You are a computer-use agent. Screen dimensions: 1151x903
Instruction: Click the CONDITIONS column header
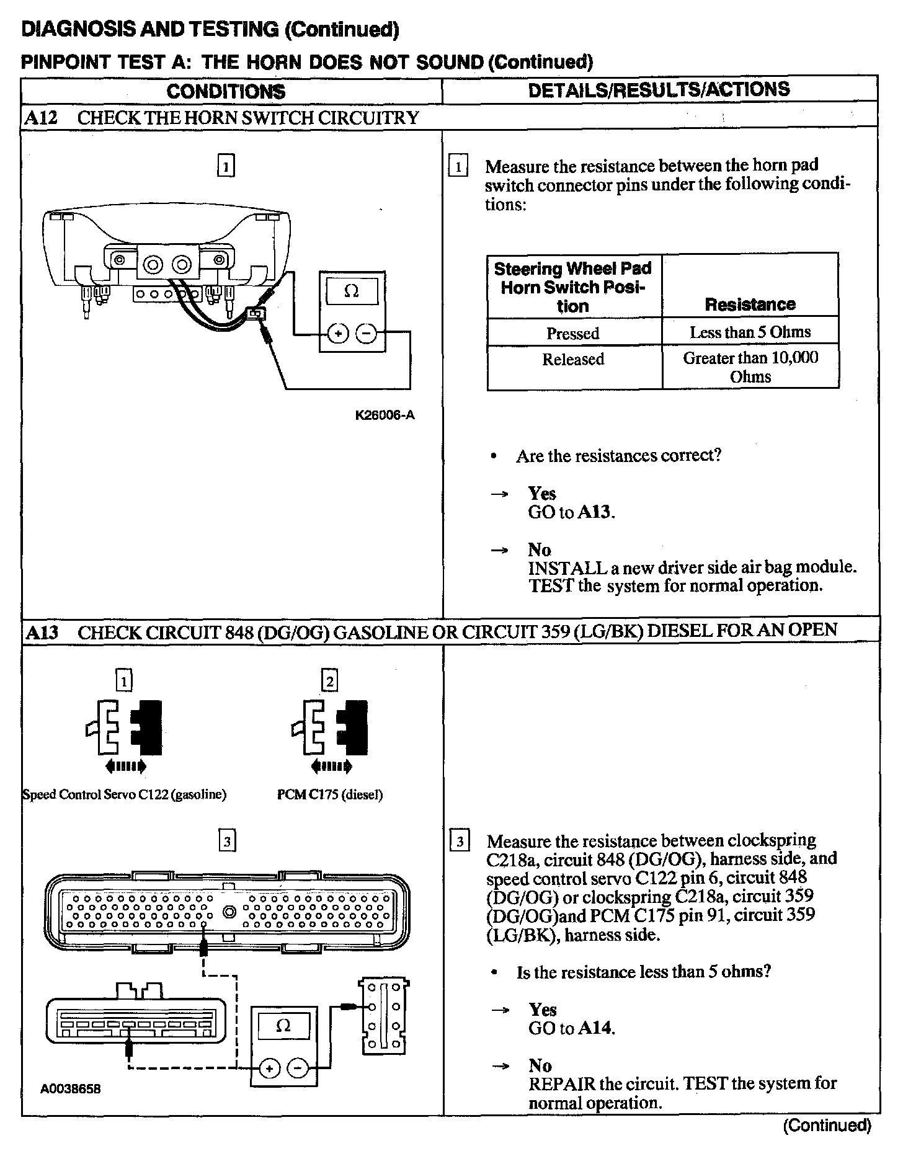[x=226, y=92]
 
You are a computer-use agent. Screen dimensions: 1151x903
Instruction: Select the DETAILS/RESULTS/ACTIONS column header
[x=659, y=89]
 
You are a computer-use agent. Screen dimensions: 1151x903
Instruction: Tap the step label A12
[x=41, y=118]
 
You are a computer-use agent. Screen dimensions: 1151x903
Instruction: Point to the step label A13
[x=42, y=633]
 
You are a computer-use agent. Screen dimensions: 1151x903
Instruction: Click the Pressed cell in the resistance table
[x=572, y=334]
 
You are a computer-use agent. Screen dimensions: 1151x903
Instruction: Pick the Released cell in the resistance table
[x=572, y=360]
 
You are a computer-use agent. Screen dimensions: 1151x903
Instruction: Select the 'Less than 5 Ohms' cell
[x=750, y=332]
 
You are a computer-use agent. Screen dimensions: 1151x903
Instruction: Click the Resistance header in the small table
[x=750, y=304]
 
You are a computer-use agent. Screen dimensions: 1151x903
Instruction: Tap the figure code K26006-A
[x=385, y=416]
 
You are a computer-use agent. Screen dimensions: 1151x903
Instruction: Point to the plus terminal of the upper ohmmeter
[x=338, y=334]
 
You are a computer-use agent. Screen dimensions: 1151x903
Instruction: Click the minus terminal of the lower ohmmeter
[x=298, y=1069]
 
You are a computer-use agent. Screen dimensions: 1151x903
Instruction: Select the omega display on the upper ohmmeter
[x=351, y=290]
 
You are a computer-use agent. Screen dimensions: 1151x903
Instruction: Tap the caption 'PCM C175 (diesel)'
[x=329, y=794]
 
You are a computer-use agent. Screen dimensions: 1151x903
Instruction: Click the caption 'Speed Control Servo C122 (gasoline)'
[x=124, y=794]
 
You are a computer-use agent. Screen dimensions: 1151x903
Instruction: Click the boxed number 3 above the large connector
[x=228, y=842]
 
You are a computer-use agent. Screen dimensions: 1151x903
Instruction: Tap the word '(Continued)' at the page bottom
[x=827, y=1125]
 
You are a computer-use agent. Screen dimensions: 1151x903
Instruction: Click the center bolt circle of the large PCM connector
[x=229, y=912]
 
